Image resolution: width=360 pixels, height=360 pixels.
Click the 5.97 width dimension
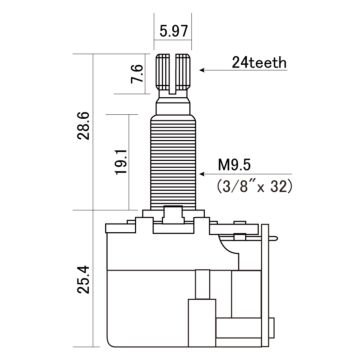click(x=172, y=30)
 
